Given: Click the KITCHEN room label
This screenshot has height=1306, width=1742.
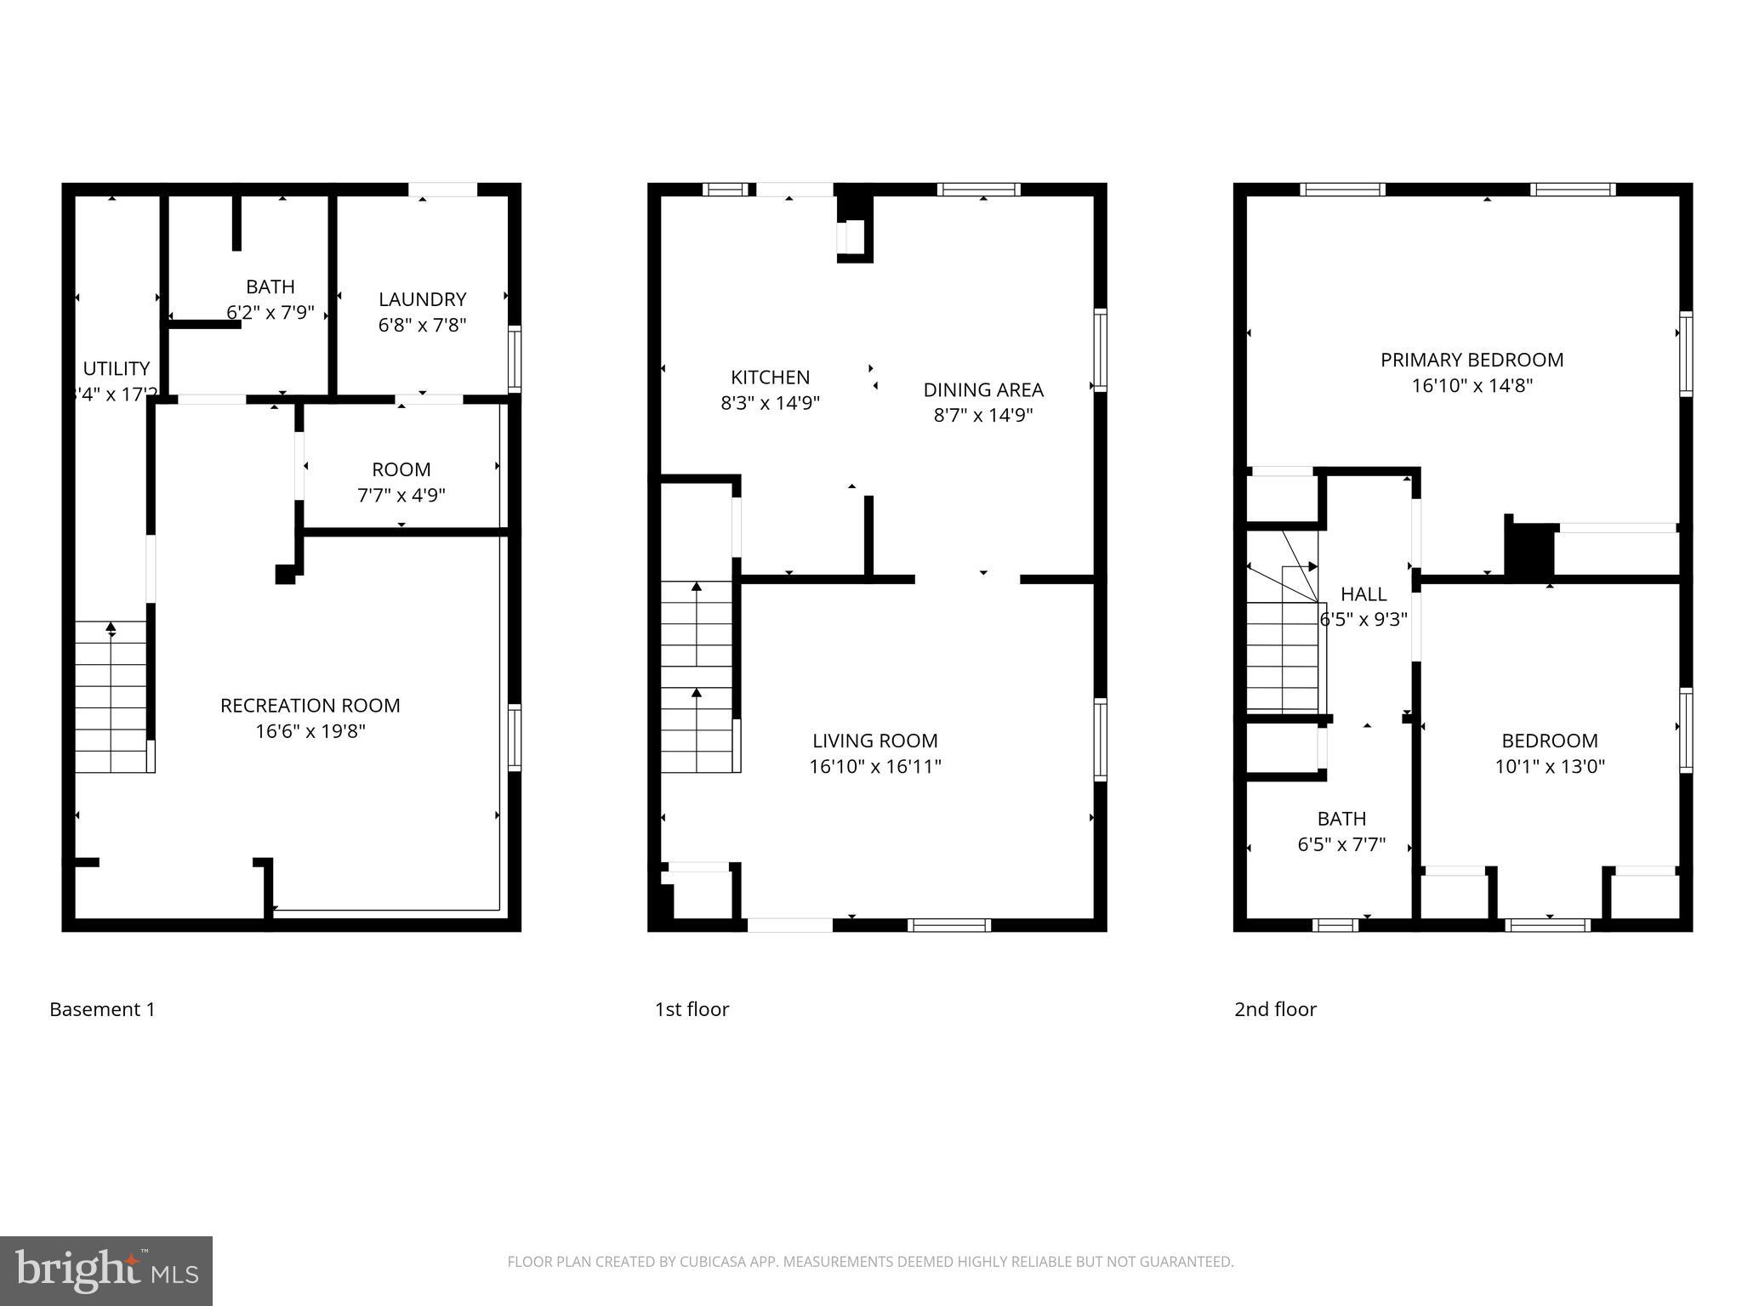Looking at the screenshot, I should pos(770,377).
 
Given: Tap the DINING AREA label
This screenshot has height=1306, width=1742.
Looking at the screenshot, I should pos(983,389).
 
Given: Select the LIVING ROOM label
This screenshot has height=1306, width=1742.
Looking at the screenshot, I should pos(874,741).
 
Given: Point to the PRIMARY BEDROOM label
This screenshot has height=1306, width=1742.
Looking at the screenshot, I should pos(1472,360).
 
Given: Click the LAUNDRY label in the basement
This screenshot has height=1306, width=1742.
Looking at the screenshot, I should pos(422,299).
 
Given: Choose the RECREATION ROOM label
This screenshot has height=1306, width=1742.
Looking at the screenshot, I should pos(310,705).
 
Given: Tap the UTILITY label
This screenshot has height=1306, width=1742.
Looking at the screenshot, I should pos(117,368).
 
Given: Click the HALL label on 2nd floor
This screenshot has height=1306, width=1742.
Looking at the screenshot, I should pos(1363,594).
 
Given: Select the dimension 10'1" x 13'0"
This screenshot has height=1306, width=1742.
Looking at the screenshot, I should pos(1549,766).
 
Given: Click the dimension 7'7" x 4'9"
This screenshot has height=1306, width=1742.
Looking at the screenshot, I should pos(401,495).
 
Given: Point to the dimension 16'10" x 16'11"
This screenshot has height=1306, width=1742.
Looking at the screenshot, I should pos(874,766).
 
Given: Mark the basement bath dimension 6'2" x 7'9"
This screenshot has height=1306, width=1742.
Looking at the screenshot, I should pos(270,312).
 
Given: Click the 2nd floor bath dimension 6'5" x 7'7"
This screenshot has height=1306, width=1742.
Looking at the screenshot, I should pos(1341,844).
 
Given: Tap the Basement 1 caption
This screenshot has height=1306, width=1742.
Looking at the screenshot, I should pos(102,1009).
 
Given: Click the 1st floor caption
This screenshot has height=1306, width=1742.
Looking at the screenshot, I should pos(692,1009).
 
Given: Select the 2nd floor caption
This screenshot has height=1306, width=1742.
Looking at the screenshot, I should pos(1275,1009).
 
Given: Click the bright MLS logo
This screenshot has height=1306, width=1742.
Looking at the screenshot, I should pos(105,1270).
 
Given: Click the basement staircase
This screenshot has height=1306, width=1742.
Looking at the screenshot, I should pos(111,697).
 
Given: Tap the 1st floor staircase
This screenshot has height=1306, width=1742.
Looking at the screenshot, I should pos(697,676).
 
